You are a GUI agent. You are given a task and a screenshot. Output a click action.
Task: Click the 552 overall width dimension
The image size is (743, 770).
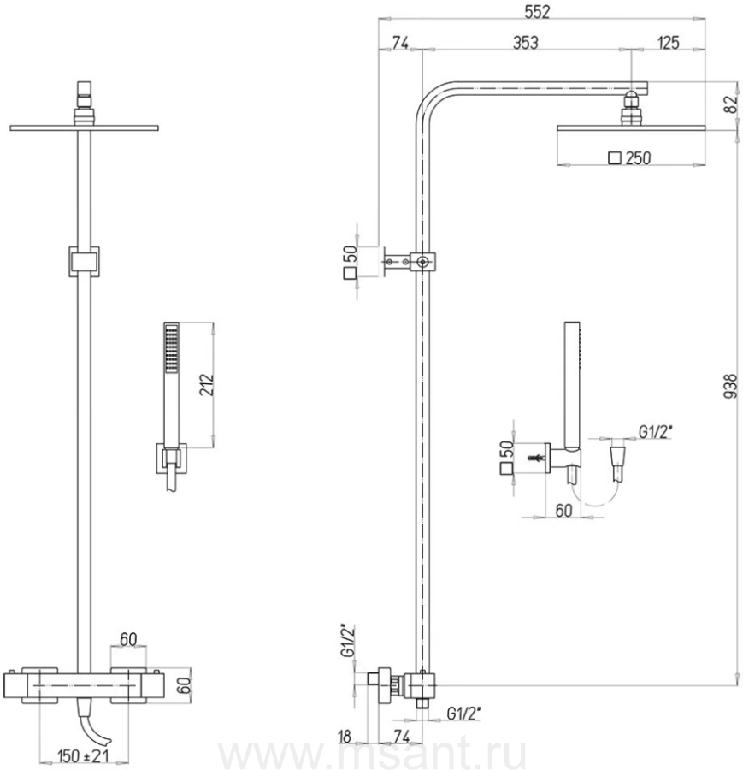pyautogui.click(x=538, y=12)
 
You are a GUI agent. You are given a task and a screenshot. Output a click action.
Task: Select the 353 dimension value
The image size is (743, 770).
pyautogui.click(x=526, y=43)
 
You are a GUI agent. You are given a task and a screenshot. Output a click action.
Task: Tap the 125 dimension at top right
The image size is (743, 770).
pyautogui.click(x=669, y=43)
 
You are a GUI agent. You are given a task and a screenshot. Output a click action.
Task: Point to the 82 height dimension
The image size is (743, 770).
pyautogui.click(x=732, y=104)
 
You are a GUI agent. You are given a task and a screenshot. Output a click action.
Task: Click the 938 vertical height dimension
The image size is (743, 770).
pyautogui.click(x=731, y=386)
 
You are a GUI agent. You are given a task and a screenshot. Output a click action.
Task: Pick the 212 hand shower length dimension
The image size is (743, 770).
pyautogui.click(x=207, y=385)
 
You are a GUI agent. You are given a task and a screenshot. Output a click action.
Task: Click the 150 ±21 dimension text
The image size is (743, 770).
pyautogui.click(x=83, y=755)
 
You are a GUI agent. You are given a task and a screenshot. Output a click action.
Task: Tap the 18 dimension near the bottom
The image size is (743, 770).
pyautogui.click(x=345, y=736)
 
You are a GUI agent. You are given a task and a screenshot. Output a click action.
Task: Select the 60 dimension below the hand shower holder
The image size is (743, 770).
pyautogui.click(x=563, y=511)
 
